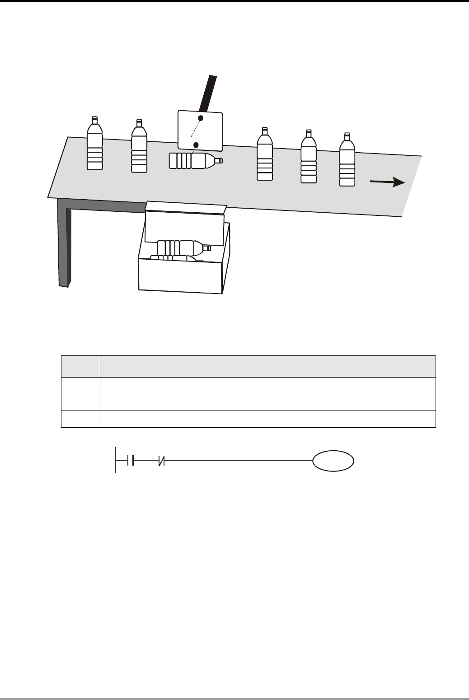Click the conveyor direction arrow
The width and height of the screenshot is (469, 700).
387,182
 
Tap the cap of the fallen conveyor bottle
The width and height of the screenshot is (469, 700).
219,160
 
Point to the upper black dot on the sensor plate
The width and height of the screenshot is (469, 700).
201,118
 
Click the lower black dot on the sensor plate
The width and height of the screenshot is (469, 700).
196,145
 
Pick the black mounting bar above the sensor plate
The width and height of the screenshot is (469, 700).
209,94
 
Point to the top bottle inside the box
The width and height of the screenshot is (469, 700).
183,248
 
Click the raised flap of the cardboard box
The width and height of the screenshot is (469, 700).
186,208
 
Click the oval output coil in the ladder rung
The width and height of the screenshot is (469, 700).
333,461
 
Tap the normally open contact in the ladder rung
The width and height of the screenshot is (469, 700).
130,461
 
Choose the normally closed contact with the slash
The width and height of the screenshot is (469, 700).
161,461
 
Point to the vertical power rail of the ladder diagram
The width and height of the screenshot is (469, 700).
115,460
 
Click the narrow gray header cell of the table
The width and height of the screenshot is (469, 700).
80,366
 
